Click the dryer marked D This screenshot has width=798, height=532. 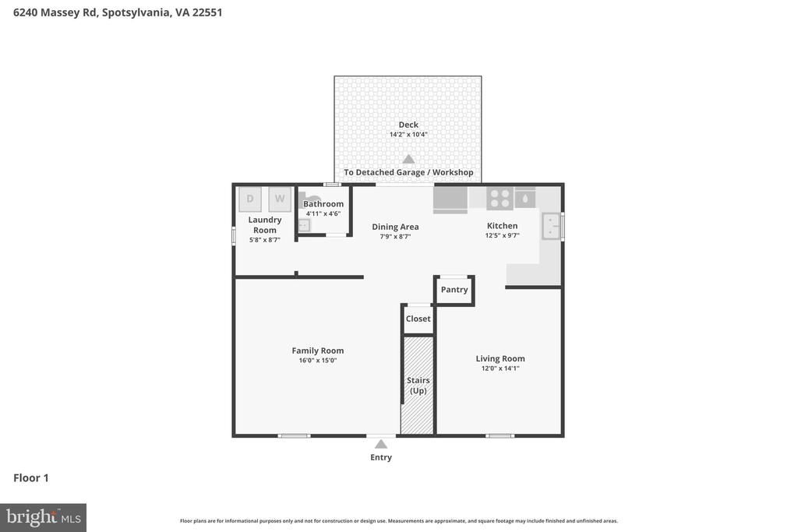click(x=250, y=199)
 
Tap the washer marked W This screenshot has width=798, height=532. click(x=280, y=199)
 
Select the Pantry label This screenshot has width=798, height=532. click(x=454, y=290)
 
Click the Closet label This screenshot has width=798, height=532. click(x=418, y=319)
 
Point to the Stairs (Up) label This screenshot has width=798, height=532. click(x=418, y=386)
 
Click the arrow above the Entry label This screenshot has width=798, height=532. click(x=381, y=444)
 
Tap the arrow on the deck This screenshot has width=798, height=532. click(x=408, y=159)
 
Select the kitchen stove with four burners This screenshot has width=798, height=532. click(x=500, y=199)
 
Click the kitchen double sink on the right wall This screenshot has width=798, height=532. click(x=551, y=226)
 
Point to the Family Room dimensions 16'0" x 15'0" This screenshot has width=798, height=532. click(x=318, y=361)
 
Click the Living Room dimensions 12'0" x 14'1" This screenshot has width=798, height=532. click(x=500, y=368)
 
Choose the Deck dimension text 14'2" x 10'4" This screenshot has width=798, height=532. click(x=408, y=135)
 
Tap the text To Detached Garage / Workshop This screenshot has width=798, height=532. click(x=408, y=172)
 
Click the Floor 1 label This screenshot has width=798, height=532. click(x=31, y=478)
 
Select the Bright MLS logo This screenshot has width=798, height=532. click(x=43, y=517)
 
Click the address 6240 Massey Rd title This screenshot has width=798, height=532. click(x=118, y=12)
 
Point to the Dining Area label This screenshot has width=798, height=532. click(x=395, y=227)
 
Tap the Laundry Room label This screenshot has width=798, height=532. click(x=265, y=225)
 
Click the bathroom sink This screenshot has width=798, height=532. click(x=303, y=225)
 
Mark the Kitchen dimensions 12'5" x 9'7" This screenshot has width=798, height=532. click(x=502, y=235)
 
